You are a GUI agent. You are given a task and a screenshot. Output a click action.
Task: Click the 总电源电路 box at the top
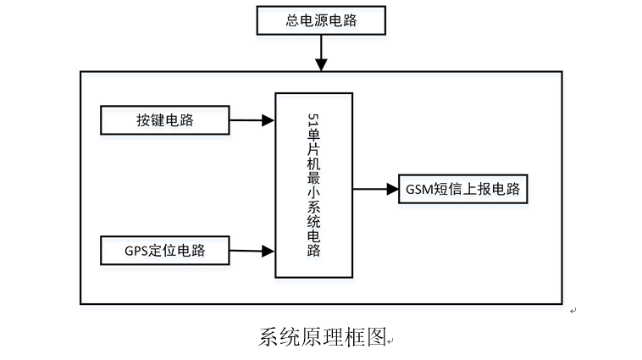pyautogui.click(x=321, y=20)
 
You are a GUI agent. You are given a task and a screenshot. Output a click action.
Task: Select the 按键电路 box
pyautogui.click(x=165, y=120)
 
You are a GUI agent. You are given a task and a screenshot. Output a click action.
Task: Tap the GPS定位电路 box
pyautogui.click(x=165, y=250)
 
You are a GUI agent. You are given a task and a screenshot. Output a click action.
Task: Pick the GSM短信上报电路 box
pyautogui.click(x=464, y=190)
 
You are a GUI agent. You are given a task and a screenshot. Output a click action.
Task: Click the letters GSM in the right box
pyautogui.click(x=420, y=190)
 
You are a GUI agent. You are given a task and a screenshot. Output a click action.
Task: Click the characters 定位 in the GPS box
pyautogui.click(x=163, y=251)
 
